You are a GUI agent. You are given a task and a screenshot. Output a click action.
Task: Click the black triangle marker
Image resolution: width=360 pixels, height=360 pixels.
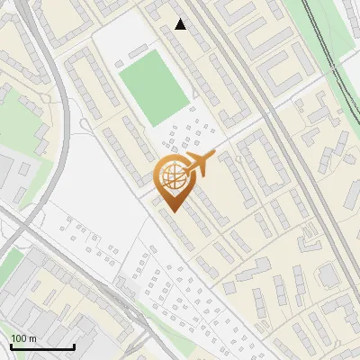[181, 24]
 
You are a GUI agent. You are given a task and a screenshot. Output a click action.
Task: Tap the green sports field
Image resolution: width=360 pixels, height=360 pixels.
[155, 87]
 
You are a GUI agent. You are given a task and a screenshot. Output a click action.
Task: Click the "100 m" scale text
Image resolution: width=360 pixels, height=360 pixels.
[23, 338]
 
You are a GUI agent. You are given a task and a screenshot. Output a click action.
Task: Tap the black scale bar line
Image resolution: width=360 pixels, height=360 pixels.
[42, 347]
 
